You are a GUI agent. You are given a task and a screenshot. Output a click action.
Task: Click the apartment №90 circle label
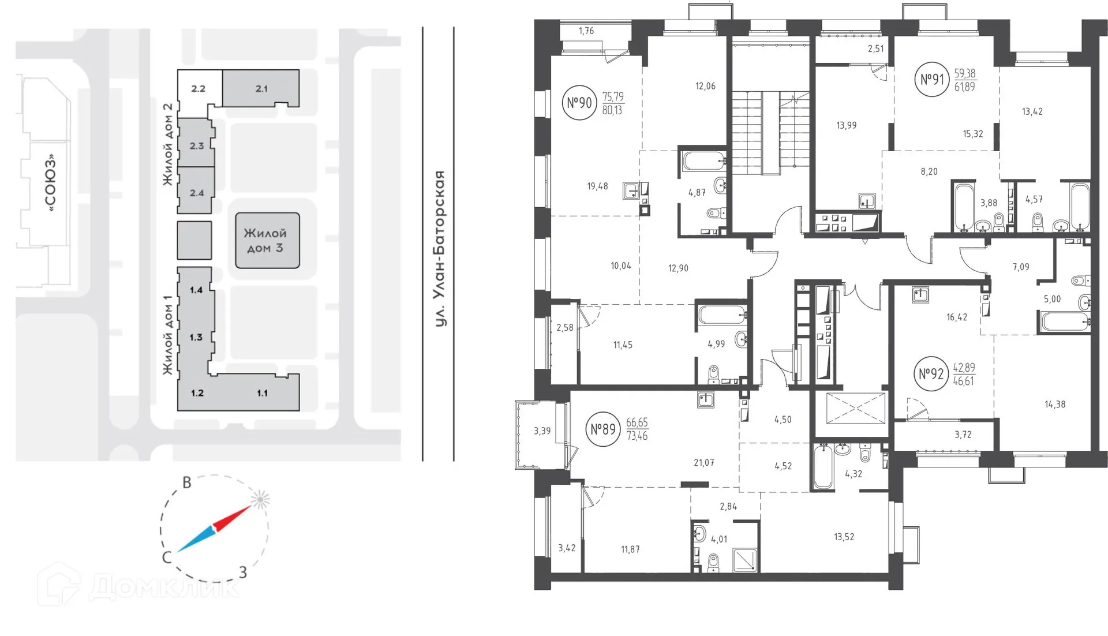tap(579, 103)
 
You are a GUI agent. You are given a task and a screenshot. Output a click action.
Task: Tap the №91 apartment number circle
tap(932, 79)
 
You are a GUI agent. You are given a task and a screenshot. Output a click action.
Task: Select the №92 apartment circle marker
tap(931, 374)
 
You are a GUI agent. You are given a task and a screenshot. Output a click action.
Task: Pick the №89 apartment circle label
tap(603, 429)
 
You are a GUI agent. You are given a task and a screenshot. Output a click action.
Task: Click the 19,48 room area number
tap(597, 186)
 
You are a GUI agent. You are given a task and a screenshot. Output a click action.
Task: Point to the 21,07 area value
tap(703, 463)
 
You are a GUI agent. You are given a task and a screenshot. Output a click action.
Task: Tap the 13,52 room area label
tap(844, 537)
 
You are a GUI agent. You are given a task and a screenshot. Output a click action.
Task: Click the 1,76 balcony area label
tap(586, 31)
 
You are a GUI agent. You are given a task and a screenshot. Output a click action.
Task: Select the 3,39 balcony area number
tap(542, 431)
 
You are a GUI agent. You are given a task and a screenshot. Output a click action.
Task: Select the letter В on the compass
tap(186, 482)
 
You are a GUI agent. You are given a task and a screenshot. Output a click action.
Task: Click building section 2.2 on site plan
tap(198, 88)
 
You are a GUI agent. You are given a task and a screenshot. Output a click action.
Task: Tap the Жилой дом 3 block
tap(267, 241)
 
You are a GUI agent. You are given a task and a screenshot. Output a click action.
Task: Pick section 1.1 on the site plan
tap(262, 393)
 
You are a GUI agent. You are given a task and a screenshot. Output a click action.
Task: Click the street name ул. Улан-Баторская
tap(440, 248)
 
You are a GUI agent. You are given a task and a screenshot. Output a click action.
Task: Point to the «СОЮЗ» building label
tap(51, 182)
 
